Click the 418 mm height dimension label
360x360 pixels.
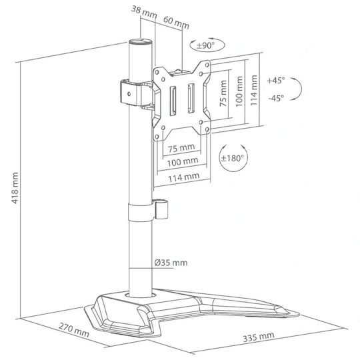click(15, 188)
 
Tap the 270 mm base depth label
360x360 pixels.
click(74, 330)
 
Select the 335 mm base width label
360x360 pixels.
click(259, 337)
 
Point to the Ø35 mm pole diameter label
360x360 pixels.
click(171, 263)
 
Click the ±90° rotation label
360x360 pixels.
click(206, 45)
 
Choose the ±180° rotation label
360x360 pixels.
click(233, 158)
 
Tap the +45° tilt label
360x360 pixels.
click(276, 81)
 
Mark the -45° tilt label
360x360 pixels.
click(276, 98)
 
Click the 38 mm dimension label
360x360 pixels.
click(144, 13)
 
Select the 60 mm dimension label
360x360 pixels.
click(176, 23)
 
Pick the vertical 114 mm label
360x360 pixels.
click(253, 90)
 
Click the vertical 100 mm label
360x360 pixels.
click(239, 91)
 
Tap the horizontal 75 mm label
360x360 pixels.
click(181, 148)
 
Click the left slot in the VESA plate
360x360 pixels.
click(173, 101)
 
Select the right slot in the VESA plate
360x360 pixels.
click(191, 98)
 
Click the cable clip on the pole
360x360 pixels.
click(161, 209)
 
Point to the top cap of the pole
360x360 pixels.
click(141, 42)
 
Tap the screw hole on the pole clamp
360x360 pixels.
click(129, 94)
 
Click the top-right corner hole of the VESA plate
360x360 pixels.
click(207, 65)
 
